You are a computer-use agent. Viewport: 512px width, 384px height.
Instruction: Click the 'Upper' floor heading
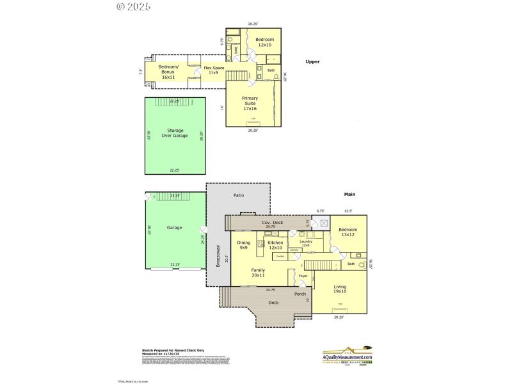312,61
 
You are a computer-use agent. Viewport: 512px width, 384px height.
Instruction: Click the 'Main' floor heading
349,194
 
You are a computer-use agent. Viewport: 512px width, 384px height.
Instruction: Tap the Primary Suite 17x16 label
250,104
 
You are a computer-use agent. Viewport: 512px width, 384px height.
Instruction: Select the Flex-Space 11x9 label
214,70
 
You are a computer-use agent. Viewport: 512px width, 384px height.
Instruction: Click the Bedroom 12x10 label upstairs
264,42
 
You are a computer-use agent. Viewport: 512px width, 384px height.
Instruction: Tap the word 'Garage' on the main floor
174,227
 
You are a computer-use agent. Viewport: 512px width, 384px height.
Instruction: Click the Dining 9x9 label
244,245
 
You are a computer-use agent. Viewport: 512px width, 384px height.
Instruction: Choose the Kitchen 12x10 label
275,245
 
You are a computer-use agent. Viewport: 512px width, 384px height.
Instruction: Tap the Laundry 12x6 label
306,243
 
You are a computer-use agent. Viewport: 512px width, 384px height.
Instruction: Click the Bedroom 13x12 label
348,232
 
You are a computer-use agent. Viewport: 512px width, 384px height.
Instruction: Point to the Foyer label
303,276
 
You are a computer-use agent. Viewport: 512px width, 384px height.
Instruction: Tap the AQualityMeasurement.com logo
347,356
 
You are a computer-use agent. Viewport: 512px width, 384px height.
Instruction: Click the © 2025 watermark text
134,7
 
